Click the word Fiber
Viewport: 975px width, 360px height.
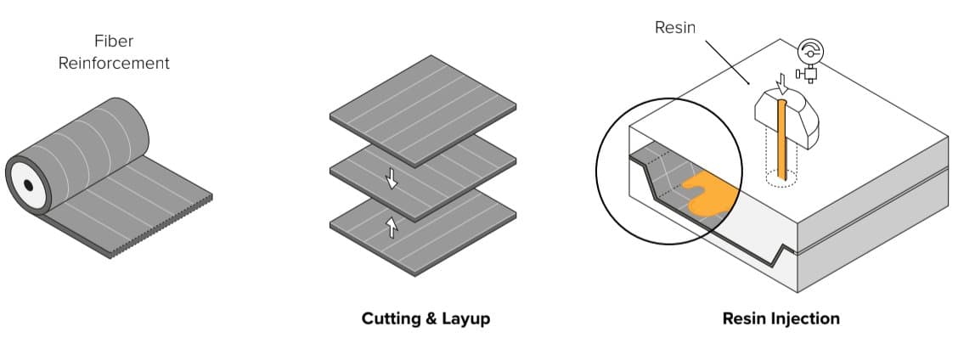tap(114, 41)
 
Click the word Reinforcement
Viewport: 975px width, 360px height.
tap(114, 64)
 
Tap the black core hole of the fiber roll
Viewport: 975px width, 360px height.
tap(28, 184)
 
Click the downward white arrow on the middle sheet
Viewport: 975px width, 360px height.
tap(392, 177)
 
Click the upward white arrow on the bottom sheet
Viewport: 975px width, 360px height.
tap(392, 227)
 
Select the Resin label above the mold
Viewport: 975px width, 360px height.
tap(675, 27)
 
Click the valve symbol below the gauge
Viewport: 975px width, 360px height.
tap(809, 75)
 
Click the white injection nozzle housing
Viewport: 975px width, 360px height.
tap(803, 119)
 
